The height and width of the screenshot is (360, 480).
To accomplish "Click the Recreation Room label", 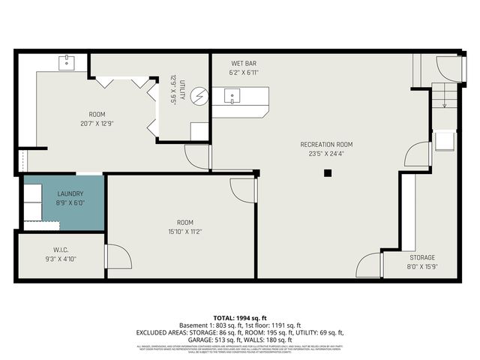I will [326, 145].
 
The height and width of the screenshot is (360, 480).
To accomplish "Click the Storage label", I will [421, 257].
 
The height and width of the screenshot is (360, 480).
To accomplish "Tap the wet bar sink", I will [233, 96].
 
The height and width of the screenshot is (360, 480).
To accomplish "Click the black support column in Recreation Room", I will [327, 173].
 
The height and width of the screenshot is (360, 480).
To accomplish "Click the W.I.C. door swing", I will [118, 256].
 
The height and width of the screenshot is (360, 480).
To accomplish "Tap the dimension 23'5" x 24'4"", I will [326, 154].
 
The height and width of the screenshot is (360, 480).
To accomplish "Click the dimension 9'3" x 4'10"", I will [61, 259].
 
